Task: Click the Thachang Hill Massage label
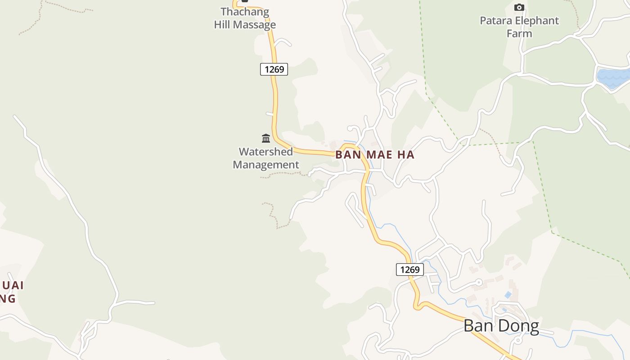coord(245,18)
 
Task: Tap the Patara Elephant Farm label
coord(519,27)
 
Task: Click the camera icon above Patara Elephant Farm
coord(519,7)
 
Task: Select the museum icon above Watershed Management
coord(266,138)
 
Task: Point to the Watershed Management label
coord(265,158)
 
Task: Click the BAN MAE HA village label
coord(374,155)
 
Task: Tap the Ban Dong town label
coord(501,326)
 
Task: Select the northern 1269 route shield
coord(274,69)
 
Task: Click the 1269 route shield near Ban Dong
coord(409,270)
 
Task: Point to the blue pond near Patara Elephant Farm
coord(613,78)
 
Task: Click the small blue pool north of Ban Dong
coord(508,295)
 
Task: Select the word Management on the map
coord(265,165)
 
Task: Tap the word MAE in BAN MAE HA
coord(376,155)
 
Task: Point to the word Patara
coord(495,21)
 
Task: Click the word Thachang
coord(245,12)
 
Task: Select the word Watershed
coord(265,152)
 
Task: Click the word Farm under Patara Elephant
coord(519,33)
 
